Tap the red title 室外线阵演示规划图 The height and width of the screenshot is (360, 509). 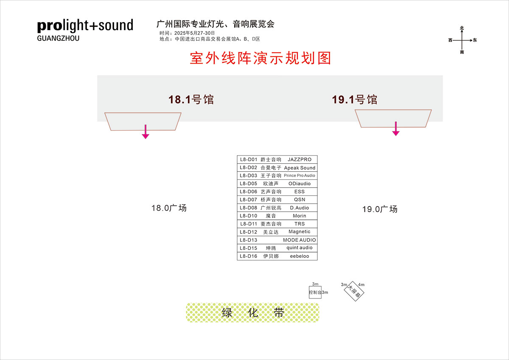pyautogui.click(x=260, y=58)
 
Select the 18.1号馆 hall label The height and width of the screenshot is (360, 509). pyautogui.click(x=191, y=100)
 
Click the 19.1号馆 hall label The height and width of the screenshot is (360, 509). pyautogui.click(x=355, y=100)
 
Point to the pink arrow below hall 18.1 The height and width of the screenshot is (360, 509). pyautogui.click(x=145, y=132)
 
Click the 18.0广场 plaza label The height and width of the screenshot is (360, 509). pyautogui.click(x=169, y=208)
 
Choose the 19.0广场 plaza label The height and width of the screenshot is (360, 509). pyautogui.click(x=380, y=209)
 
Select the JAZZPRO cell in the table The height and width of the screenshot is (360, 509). pyautogui.click(x=299, y=160)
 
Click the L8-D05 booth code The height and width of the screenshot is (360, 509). pyautogui.click(x=249, y=184)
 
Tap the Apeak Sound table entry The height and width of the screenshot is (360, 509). pyautogui.click(x=300, y=168)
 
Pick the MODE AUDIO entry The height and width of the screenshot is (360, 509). pyautogui.click(x=299, y=240)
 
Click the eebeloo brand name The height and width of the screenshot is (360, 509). pyautogui.click(x=299, y=256)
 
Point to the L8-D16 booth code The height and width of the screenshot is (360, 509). pyautogui.click(x=249, y=256)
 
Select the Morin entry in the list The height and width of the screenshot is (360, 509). pyautogui.click(x=299, y=216)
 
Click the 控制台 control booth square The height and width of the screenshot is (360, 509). pyautogui.click(x=315, y=293)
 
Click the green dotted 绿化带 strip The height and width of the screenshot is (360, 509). pyautogui.click(x=252, y=313)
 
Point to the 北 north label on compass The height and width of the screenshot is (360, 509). pyautogui.click(x=462, y=28)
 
